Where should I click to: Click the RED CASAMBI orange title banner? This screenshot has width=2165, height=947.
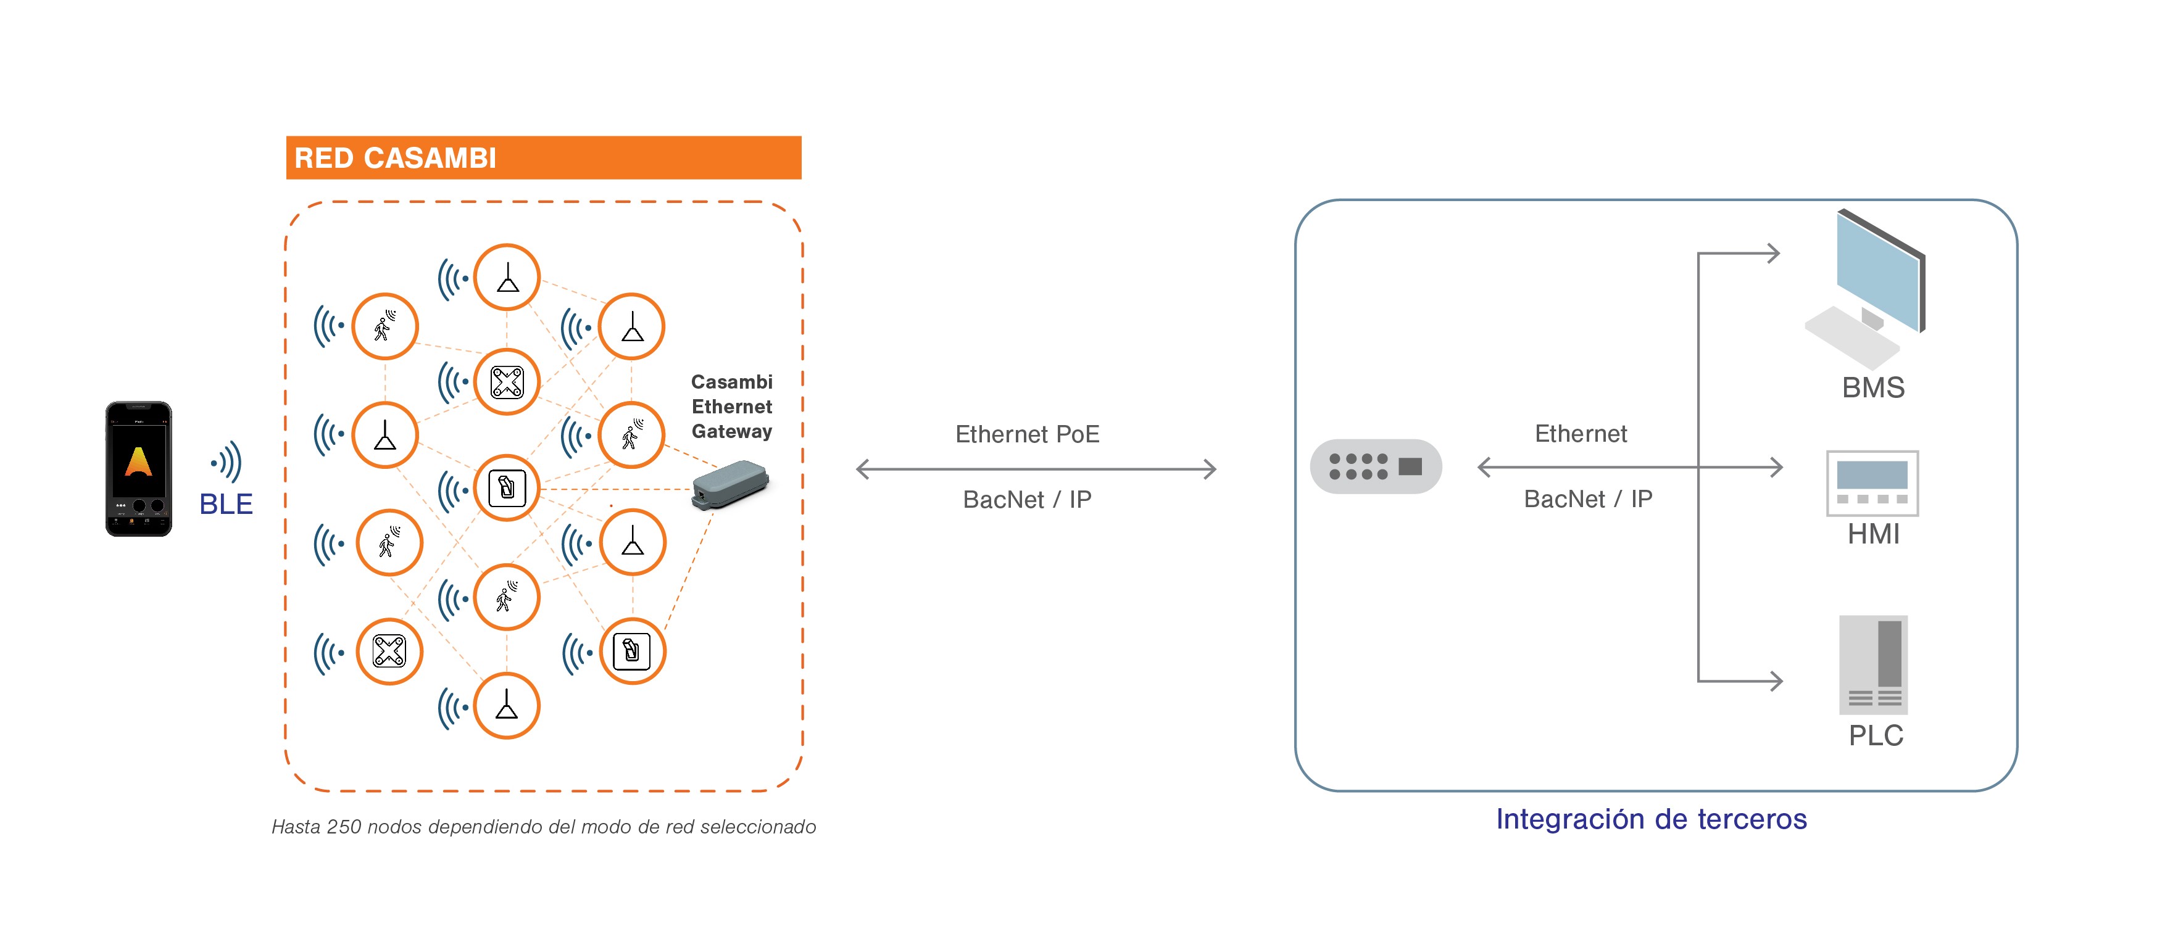coord(543,157)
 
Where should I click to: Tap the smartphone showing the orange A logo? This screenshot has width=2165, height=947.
coord(139,468)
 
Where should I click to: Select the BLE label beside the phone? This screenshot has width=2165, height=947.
coord(226,504)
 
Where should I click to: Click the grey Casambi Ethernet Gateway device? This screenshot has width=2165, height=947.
coord(729,484)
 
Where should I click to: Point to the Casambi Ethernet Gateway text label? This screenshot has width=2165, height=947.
coord(731,407)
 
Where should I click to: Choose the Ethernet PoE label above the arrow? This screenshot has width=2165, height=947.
coord(1027,434)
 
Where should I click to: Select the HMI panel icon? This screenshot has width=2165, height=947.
coord(1872,483)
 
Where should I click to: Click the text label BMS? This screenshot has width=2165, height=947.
coord(1873,388)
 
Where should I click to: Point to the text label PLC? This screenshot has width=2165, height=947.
coord(1875,736)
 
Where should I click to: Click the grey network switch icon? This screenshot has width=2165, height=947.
coord(1375,466)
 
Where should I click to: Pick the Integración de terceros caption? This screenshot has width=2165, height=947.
coord(1651,819)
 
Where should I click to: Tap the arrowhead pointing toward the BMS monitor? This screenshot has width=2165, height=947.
coord(1772,253)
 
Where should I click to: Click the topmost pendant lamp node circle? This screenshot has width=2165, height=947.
coord(507,277)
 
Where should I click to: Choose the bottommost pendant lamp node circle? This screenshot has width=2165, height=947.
coord(506,706)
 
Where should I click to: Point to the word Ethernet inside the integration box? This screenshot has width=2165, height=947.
coord(1580,434)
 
